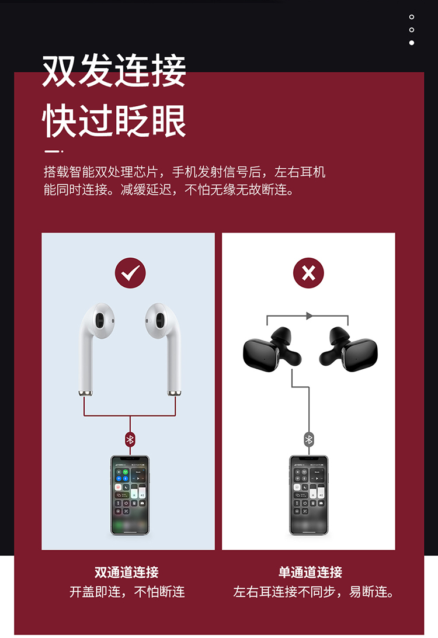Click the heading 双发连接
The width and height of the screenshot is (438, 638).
tap(114, 71)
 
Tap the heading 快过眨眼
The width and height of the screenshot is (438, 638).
tap(114, 120)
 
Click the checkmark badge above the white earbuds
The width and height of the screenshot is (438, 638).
tap(130, 273)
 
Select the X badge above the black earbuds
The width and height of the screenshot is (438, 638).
tap(309, 273)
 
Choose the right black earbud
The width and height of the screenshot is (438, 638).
tap(349, 349)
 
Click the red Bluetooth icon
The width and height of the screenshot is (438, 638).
tap(130, 439)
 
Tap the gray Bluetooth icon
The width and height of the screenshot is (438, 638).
tap(309, 439)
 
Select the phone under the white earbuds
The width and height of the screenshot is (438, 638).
tap(130, 495)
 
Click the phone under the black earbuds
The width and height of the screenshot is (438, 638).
tap(309, 495)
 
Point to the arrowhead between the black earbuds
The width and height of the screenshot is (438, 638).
tap(310, 315)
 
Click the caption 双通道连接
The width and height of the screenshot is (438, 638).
tap(127, 572)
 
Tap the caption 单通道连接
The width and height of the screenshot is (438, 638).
tap(310, 572)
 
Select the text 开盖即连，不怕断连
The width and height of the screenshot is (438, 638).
tap(127, 592)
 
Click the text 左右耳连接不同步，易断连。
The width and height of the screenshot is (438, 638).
tap(314, 592)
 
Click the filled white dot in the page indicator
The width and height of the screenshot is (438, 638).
tap(412, 43)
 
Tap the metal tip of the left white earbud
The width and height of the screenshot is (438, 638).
tap(85, 393)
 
